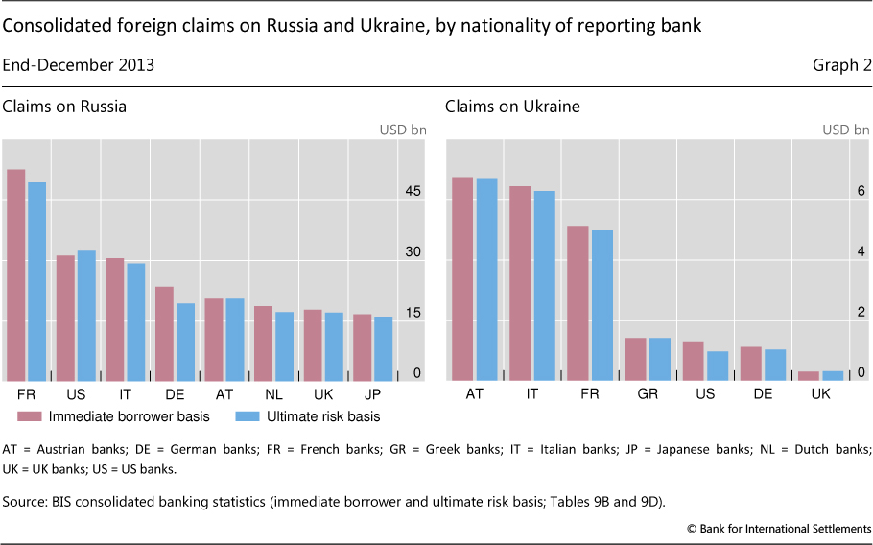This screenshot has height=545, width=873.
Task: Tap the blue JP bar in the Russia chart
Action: pos(383,348)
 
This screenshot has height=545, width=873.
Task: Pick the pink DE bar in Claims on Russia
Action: pos(165,333)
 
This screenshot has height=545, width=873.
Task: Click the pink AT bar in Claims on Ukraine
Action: pos(462,278)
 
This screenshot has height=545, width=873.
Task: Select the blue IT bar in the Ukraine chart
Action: pos(544,285)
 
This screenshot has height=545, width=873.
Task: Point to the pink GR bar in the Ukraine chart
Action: pos(635,359)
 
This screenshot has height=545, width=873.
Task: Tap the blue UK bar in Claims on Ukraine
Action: pos(833,375)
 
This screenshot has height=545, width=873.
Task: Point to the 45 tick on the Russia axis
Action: pos(413,192)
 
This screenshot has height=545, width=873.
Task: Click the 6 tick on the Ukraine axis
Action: pos(861,191)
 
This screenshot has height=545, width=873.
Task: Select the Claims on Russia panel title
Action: pos(64,107)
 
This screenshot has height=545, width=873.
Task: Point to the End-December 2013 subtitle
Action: pos(79,65)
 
